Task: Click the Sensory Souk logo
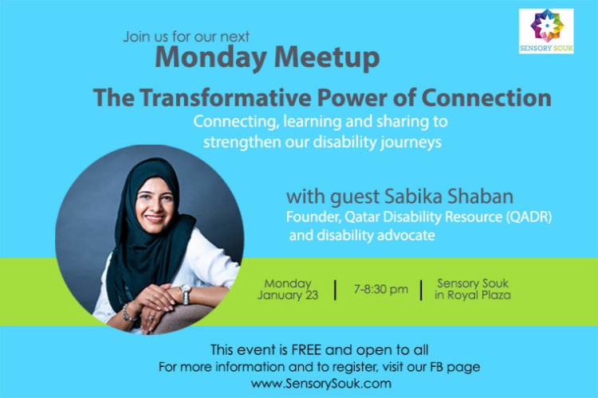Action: tap(546, 31)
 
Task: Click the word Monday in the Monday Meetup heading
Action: tap(210, 58)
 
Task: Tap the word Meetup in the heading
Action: tap(327, 58)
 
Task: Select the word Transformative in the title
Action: tap(225, 97)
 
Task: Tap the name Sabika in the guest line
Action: tap(413, 197)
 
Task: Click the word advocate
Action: tap(406, 235)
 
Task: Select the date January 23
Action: tap(288, 295)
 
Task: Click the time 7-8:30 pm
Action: tap(381, 290)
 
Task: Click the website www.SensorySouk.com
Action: tap(321, 384)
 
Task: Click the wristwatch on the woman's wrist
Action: tap(185, 293)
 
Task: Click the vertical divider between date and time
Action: tap(336, 290)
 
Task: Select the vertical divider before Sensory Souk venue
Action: tap(422, 290)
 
